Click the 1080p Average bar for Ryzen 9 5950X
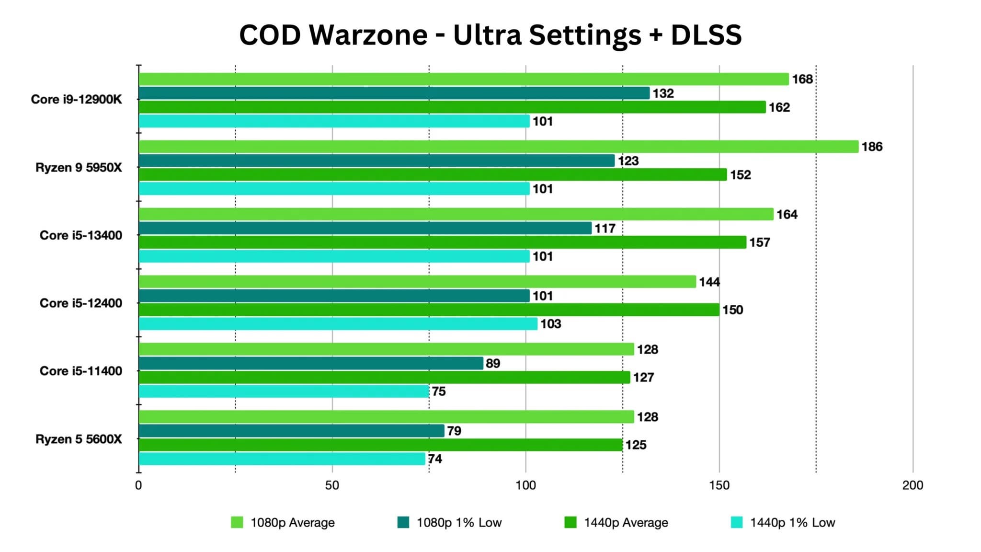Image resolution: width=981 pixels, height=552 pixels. click(x=498, y=147)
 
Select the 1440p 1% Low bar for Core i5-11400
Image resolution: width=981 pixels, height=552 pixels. click(x=284, y=391)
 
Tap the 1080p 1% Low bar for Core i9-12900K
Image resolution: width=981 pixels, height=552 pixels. click(x=394, y=93)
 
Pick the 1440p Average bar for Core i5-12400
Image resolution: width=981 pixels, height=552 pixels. click(x=429, y=310)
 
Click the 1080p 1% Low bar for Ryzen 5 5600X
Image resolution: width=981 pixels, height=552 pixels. click(x=291, y=431)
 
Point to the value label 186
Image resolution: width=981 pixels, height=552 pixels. click(x=872, y=147)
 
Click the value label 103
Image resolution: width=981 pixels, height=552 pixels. click(x=550, y=324)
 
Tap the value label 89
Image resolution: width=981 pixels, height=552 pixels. click(x=493, y=364)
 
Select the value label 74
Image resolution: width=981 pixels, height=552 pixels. click(x=435, y=459)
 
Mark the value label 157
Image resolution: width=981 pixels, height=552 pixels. click(x=760, y=242)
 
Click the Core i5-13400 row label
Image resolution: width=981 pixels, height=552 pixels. click(x=80, y=235)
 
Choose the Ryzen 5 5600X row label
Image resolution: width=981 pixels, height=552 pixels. click(x=79, y=439)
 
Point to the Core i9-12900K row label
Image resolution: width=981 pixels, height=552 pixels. click(x=76, y=99)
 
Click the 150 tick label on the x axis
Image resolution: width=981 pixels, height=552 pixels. click(x=719, y=485)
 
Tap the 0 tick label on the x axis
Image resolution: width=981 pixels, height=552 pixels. click(x=138, y=485)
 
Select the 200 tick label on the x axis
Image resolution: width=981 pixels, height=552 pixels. click(x=913, y=485)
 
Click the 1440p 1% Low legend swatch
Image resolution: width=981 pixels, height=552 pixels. click(x=737, y=522)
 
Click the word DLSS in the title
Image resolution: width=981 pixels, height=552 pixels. click(x=706, y=35)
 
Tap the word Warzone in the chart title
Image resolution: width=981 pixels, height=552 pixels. click(x=368, y=35)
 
